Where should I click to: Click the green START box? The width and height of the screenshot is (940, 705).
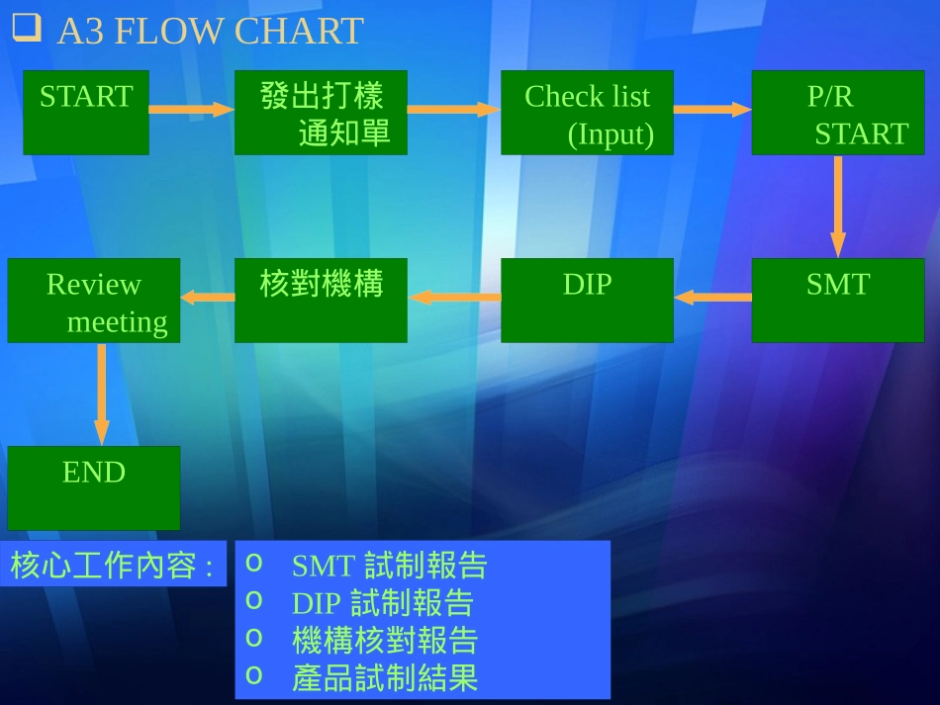[86, 112]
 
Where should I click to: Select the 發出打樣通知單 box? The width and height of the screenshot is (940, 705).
[321, 112]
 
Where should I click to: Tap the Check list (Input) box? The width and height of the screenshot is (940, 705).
[587, 112]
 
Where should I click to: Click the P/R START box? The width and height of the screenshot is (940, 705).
[837, 112]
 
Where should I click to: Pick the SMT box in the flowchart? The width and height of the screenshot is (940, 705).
[837, 300]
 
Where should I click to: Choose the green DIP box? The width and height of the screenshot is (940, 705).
[587, 300]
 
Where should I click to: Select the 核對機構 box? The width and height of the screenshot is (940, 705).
[321, 300]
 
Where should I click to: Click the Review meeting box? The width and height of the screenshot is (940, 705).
[94, 300]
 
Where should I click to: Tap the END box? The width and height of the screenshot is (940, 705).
[94, 487]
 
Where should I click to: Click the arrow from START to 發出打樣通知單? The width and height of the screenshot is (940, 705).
[192, 109]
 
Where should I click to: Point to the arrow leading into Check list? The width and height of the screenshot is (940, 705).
[453, 109]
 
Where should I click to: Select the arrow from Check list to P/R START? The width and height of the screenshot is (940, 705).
[712, 109]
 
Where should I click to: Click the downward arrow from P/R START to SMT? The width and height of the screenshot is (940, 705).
[838, 206]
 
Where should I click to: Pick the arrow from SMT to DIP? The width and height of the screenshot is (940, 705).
[712, 296]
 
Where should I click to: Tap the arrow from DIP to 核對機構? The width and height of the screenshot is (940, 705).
[454, 296]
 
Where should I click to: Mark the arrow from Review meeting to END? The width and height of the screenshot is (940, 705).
[101, 394]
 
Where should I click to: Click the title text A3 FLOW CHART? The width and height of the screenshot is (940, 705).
[210, 32]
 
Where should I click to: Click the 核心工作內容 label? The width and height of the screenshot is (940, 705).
[112, 566]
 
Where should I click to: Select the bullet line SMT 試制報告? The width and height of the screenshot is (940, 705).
[389, 565]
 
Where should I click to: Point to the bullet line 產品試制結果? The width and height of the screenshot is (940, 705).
[385, 678]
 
